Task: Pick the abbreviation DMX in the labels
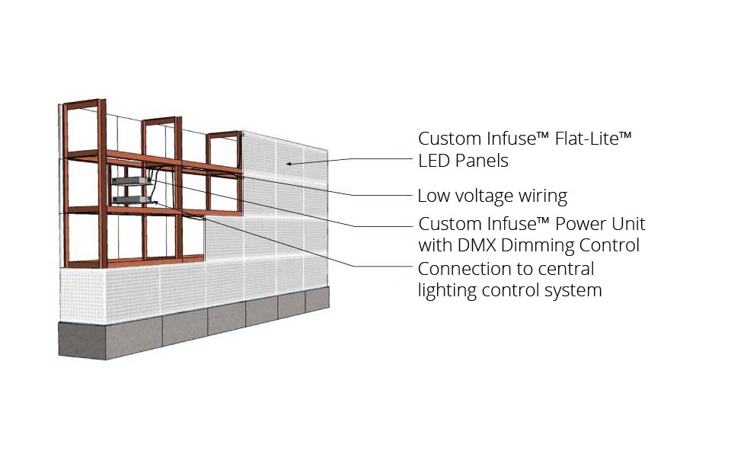click(x=476, y=245)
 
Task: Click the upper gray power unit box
click(x=130, y=181)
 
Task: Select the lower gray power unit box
click(x=132, y=200)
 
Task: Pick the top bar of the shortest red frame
click(x=223, y=135)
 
